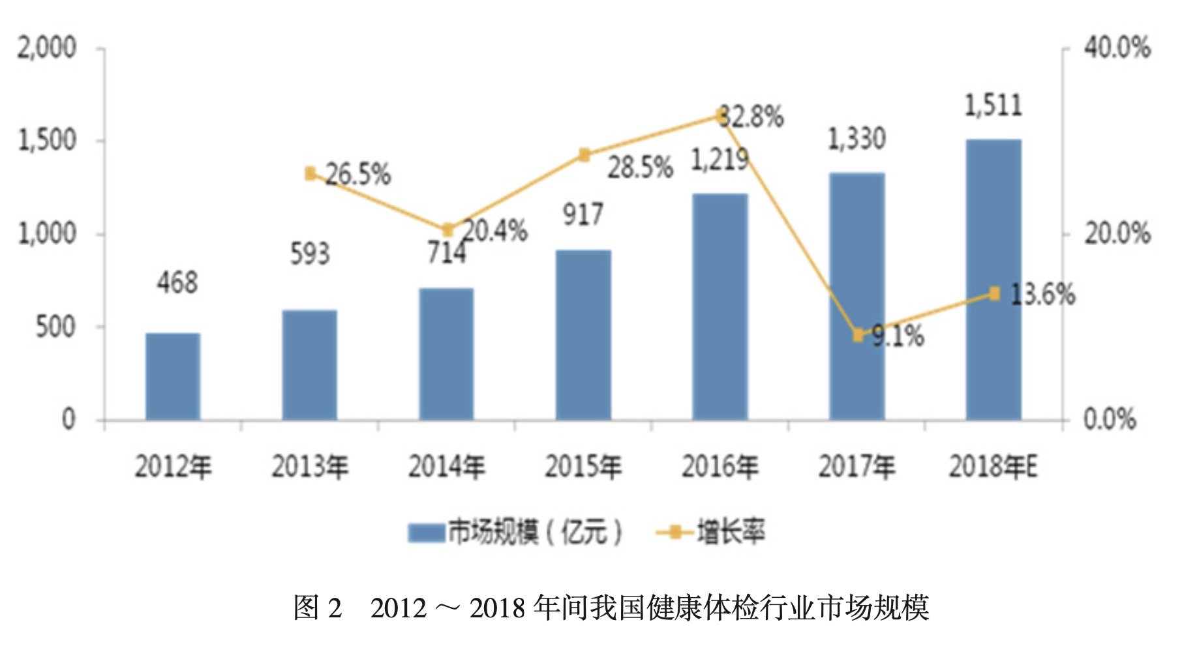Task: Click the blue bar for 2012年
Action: pyautogui.click(x=173, y=376)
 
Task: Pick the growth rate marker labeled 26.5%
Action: pyautogui.click(x=311, y=173)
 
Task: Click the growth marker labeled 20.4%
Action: pyautogui.click(x=447, y=229)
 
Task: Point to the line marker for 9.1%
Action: pyautogui.click(x=858, y=335)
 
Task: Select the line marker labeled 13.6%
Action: pyautogui.click(x=994, y=293)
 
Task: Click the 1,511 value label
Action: pyautogui.click(x=993, y=106)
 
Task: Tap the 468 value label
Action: pyautogui.click(x=177, y=283)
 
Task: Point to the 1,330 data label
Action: pyautogui.click(x=856, y=139)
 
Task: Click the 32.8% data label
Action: pyautogui.click(x=752, y=117)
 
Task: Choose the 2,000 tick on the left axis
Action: pyautogui.click(x=47, y=48)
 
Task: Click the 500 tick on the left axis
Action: pyautogui.click(x=55, y=327)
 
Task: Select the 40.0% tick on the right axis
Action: pyautogui.click(x=1117, y=48)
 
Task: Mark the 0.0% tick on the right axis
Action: pyautogui.click(x=1110, y=419)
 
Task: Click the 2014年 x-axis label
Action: pyautogui.click(x=447, y=467)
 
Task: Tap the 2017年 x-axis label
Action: pyautogui.click(x=856, y=467)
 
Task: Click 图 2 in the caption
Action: pyautogui.click(x=318, y=608)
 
